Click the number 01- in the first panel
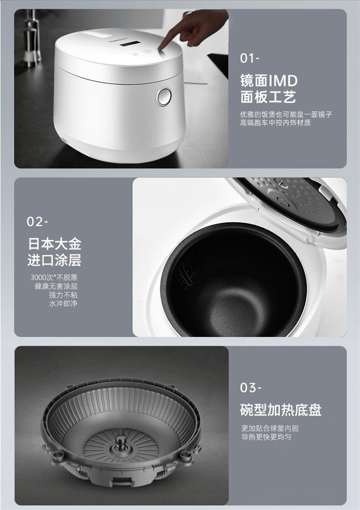tap(250, 58)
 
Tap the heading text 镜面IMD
tap(269, 81)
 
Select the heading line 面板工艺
tap(268, 97)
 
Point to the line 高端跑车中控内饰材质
tap(276, 123)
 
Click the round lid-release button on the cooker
tap(164, 96)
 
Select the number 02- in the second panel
tap(37, 222)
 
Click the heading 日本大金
tap(55, 244)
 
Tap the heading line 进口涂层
tap(54, 260)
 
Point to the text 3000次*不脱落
tap(54, 277)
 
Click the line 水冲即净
tap(63, 304)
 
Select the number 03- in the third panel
tap(251, 387)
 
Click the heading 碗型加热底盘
tap(281, 410)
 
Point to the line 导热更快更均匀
tap(266, 437)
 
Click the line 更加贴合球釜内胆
tap(270, 428)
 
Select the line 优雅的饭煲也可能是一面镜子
tap(286, 114)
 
